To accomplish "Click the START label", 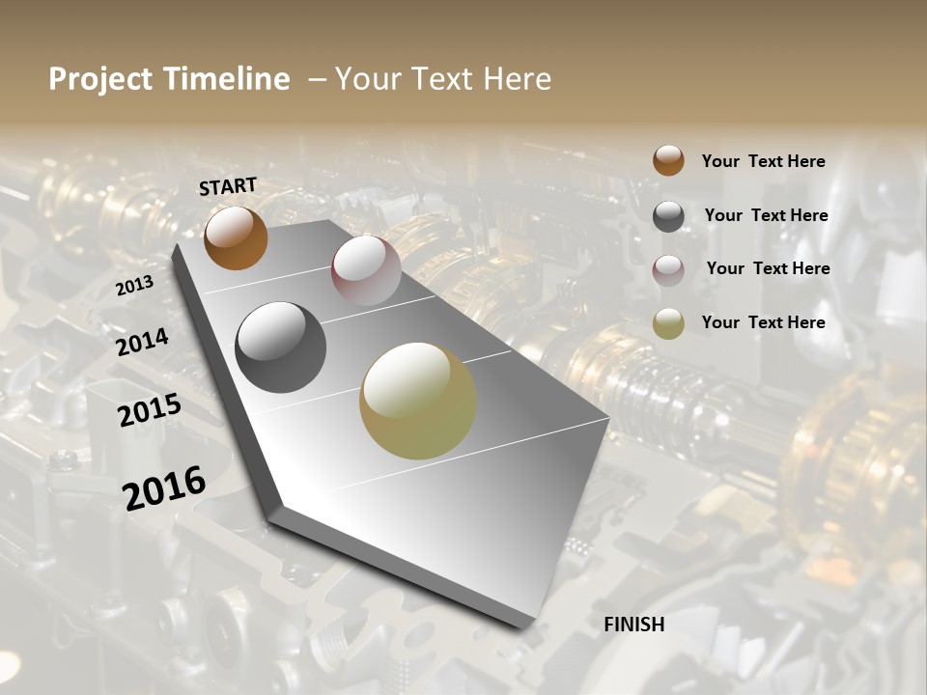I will pos(228,186).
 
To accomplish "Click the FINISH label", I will pos(633,625).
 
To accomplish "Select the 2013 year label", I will pos(134,286).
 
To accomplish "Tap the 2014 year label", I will pos(142,343).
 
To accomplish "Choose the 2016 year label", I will pos(164,487).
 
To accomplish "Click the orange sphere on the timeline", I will pos(236,238).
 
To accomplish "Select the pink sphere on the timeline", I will pos(366,271).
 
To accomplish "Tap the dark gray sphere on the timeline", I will pos(280,347).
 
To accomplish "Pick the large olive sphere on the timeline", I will pos(418,401).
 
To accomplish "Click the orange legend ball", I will pos(668,160).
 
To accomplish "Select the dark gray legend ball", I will pos(668,216).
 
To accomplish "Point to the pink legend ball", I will pos(668,270).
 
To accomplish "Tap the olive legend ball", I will pos(668,323).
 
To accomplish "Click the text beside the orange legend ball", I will pos(763,161).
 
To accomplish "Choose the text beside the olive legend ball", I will pos(763,322).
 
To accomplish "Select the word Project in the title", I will pos(100,79).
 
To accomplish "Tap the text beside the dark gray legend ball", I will pos(766,215).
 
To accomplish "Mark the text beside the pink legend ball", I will pos(768,268).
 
